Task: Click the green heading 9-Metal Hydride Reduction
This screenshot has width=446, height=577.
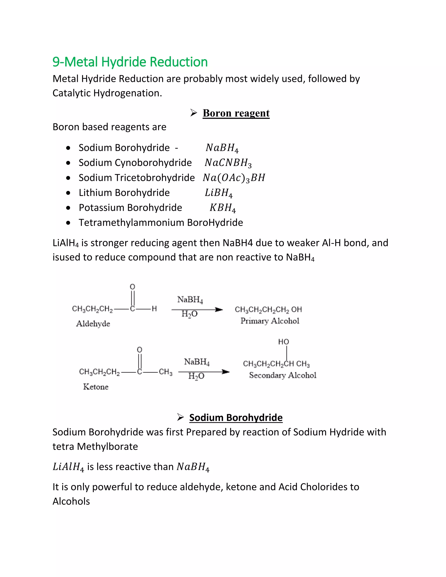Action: point(130,62)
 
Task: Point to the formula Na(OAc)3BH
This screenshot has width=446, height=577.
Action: point(234,178)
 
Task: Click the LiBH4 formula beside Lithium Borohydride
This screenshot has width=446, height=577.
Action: point(218,193)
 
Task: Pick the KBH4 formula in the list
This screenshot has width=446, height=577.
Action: point(223,208)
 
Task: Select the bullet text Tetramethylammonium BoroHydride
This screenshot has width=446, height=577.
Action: point(161,223)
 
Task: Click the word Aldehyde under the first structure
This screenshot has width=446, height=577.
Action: point(93,324)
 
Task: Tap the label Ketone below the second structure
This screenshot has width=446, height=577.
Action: point(96,387)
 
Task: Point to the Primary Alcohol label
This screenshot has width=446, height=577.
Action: point(270,321)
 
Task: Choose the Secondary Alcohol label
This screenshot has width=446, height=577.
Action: point(282,375)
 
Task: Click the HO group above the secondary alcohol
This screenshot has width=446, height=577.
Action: point(284,342)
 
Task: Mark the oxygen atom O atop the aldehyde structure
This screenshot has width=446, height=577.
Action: point(132,287)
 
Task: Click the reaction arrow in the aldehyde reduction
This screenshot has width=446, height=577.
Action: point(197,310)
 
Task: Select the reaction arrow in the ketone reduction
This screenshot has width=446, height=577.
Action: point(204,372)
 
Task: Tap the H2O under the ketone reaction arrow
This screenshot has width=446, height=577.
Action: point(196,376)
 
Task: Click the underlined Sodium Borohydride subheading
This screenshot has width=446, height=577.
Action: point(236,418)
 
